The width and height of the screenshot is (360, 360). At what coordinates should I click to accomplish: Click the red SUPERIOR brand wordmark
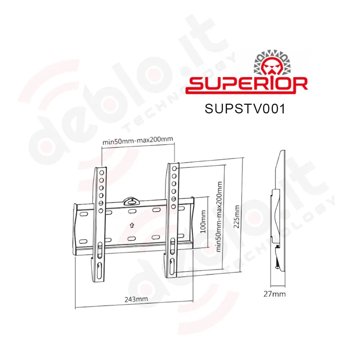tap(247, 85)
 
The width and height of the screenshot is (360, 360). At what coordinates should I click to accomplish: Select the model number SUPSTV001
tap(245, 109)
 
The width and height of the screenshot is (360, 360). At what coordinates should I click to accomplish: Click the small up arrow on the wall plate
tap(132, 225)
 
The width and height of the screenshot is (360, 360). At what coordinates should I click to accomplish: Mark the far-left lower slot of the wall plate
tap(82, 241)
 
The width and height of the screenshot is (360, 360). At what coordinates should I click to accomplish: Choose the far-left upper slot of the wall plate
tap(82, 214)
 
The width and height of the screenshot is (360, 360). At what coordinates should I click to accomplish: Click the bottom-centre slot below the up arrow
tap(131, 238)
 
